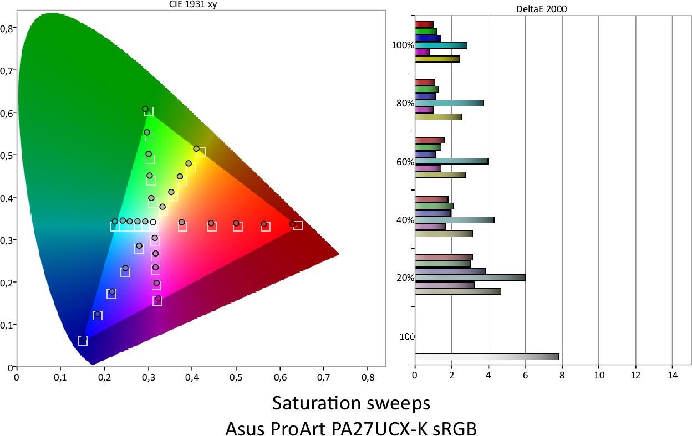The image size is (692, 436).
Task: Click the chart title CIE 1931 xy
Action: [200, 6]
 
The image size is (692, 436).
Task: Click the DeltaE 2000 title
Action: [545, 9]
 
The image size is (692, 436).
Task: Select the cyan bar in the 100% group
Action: [441, 45]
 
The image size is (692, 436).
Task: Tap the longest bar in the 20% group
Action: [470, 278]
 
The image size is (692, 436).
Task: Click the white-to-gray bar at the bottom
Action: [486, 357]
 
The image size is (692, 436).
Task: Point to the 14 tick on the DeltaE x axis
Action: [672, 375]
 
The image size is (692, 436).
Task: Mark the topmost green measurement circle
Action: [145, 109]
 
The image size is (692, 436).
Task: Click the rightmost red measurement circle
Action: [292, 224]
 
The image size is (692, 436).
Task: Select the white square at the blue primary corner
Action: [83, 341]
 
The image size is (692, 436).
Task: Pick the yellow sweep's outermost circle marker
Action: [196, 148]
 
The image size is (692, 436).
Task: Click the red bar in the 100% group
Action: [424, 24]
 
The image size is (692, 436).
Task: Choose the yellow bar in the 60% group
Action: [440, 175]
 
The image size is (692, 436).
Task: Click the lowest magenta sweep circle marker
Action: [158, 299]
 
